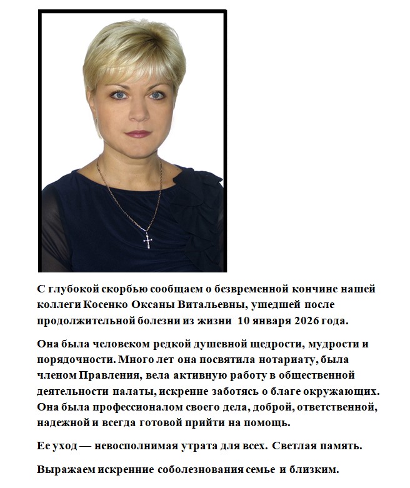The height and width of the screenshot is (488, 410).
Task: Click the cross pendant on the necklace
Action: click(148, 239)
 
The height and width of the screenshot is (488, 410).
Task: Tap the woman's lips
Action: click(137, 132)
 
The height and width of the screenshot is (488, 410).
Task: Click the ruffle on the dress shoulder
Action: click(199, 187)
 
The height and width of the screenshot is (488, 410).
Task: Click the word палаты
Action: click(129, 391)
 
